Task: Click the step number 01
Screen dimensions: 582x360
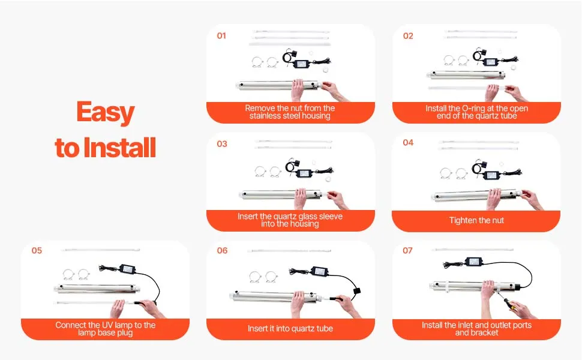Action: tap(221, 35)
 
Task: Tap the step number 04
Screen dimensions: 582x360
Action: tap(408, 143)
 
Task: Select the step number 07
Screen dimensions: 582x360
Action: tap(407, 251)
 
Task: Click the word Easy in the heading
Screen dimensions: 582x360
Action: tap(106, 113)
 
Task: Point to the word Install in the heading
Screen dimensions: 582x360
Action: tap(119, 148)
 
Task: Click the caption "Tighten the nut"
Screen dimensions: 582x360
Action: tap(476, 220)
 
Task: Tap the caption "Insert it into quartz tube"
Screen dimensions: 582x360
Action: tap(290, 328)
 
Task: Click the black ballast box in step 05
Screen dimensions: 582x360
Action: tap(127, 269)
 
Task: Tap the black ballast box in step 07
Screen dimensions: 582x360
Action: tap(474, 262)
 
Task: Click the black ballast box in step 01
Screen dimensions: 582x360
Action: tap(301, 64)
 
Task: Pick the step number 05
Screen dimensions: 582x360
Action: tap(37, 251)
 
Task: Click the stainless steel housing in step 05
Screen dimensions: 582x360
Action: tap(97, 289)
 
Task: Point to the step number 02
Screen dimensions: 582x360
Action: tap(408, 36)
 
